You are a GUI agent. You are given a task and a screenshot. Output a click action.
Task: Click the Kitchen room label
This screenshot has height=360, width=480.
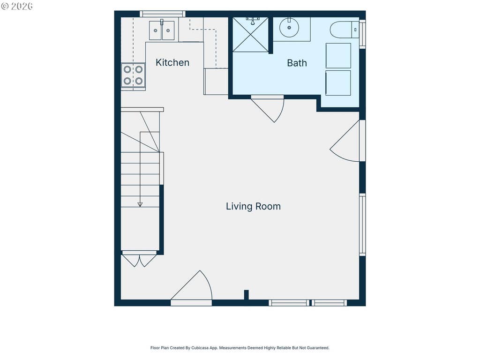click(172, 62)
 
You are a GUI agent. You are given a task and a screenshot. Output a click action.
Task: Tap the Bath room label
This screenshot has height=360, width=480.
click(297, 63)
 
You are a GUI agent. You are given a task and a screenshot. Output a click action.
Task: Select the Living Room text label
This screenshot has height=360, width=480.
click(253, 206)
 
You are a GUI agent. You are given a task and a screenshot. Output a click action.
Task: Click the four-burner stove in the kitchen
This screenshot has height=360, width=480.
click(133, 75)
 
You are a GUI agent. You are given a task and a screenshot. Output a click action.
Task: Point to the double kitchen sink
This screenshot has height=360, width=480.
click(162, 30)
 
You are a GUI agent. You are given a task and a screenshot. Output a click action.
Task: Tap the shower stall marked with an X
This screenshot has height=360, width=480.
click(250, 35)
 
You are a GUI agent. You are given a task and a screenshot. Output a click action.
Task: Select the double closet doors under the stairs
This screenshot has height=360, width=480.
click(139, 259)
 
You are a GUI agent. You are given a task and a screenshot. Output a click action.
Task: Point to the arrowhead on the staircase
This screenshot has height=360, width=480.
click(140, 204)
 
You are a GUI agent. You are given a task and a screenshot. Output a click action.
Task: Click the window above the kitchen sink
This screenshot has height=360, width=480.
click(163, 14)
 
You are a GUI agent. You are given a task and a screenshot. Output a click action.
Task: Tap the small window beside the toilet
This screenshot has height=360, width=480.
click(362, 34)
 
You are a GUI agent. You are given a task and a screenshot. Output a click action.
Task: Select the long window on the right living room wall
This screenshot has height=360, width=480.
click(362, 225)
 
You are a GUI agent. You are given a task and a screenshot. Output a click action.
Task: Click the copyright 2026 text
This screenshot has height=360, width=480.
click(17, 6)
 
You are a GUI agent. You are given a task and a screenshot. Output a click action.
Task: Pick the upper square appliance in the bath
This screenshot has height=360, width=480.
click(338, 56)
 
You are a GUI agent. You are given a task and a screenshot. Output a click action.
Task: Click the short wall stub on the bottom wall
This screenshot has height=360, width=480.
click(246, 295)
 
